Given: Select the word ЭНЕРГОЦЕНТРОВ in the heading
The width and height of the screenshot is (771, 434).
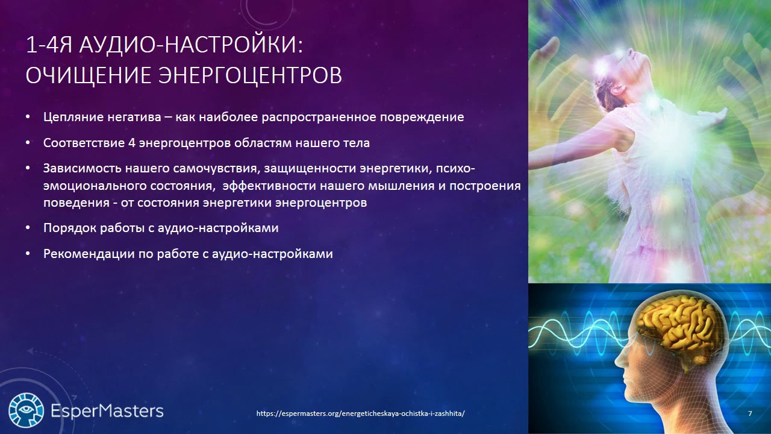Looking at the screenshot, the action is point(250,75).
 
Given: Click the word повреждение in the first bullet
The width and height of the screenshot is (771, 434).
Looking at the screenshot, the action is point(422,118).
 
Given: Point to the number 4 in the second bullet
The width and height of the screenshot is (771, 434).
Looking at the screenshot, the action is point(132,143).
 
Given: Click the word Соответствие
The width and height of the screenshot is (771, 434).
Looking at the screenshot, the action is point(84,143).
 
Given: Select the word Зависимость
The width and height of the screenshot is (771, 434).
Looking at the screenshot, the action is point(83,168).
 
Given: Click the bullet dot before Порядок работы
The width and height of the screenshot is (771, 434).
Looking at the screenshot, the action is point(28,228).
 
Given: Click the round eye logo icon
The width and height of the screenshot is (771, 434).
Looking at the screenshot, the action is point(26,410).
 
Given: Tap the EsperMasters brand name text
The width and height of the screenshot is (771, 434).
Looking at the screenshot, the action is point(107,411).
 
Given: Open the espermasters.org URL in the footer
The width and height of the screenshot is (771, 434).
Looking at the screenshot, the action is point(360,414).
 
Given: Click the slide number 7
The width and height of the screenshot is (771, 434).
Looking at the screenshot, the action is point(751,414).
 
